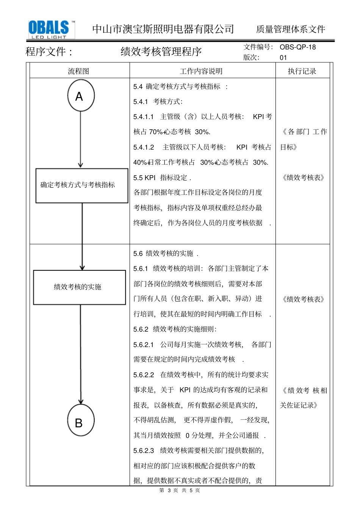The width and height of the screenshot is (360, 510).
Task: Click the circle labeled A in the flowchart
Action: [x=81, y=96]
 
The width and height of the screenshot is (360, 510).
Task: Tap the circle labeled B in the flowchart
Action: [x=80, y=421]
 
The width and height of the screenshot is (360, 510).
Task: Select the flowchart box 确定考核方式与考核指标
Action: [x=82, y=185]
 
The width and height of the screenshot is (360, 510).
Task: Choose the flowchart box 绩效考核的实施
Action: [x=80, y=287]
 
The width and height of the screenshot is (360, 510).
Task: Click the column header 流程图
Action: [x=79, y=71]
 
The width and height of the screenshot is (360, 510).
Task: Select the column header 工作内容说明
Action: [x=201, y=71]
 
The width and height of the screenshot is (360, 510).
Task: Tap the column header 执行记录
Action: [x=302, y=71]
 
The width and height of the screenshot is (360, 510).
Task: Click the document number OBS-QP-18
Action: [x=297, y=47]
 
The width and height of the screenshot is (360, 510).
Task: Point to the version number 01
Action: [x=283, y=58]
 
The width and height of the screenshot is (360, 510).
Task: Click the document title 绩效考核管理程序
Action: [x=161, y=52]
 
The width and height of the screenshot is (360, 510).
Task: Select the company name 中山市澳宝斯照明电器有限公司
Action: [x=163, y=29]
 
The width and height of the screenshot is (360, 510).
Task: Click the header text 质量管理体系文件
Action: [x=291, y=29]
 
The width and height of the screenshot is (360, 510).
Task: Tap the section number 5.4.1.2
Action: [x=144, y=147]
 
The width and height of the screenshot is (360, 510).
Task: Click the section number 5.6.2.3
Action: [x=144, y=450]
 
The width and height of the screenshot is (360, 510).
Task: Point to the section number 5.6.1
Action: [x=141, y=268]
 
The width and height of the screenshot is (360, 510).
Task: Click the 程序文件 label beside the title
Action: [x=49, y=52]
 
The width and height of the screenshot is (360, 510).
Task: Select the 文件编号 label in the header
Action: [x=258, y=47]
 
